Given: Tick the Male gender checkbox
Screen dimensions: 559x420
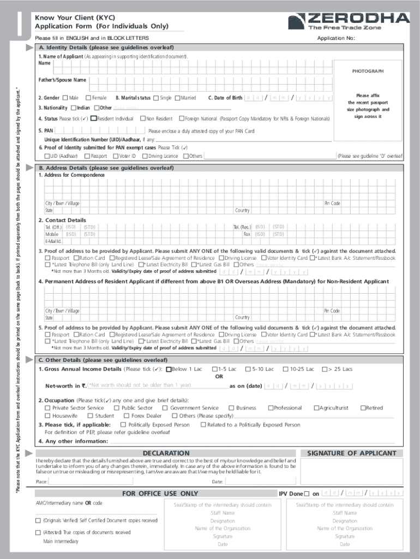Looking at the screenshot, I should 65,98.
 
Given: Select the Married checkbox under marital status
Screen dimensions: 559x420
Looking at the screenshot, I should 177,98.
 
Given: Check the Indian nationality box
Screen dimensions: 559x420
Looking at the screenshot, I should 73,108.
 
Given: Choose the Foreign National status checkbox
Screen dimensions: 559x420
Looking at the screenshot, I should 182,118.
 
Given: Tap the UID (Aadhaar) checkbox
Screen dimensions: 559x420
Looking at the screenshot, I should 47,156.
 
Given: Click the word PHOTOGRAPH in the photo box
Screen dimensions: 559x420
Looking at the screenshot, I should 367,72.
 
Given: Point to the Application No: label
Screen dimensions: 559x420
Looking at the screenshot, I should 336,38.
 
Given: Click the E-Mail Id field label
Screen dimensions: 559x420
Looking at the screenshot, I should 53,241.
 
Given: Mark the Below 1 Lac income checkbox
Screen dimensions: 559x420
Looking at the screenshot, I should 168,369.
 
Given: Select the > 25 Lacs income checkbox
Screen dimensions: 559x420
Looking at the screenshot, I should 325,369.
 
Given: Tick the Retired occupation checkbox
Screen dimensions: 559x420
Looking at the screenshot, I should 363,408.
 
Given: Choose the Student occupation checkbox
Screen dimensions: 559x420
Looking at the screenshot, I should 90,416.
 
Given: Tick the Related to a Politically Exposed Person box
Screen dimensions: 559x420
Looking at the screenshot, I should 203,425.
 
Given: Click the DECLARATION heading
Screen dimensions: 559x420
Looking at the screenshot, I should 166,453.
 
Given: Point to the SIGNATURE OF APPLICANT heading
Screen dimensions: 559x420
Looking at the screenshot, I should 352,453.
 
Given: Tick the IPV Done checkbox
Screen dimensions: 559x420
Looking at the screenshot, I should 307,494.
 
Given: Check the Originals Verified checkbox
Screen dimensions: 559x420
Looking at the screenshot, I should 38,521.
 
